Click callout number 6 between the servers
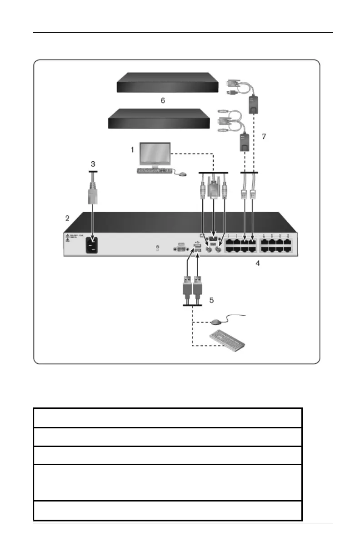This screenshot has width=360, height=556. [163, 100]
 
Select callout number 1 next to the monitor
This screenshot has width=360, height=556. [132, 149]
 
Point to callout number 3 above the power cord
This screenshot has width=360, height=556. [93, 163]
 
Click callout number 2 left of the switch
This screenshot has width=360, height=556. [67, 218]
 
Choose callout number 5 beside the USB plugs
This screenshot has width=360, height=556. [210, 300]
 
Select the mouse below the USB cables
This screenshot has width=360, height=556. [216, 321]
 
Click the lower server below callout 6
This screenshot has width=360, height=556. [159, 119]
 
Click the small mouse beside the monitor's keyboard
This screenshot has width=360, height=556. [181, 174]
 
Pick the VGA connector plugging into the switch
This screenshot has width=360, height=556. [213, 189]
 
